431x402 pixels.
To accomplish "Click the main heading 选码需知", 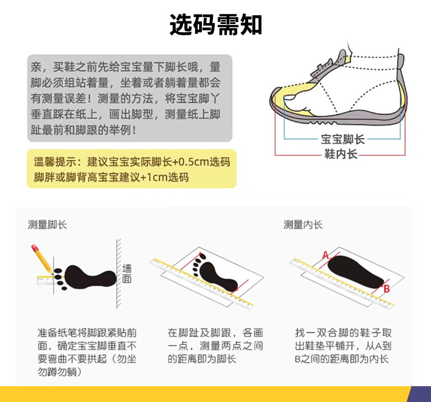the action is click(215, 25).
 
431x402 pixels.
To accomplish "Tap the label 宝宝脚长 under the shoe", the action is click(343, 139).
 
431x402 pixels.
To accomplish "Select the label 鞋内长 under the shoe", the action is click(340, 154).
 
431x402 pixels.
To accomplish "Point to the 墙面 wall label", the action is click(127, 273).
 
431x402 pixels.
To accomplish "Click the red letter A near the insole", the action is click(326, 255).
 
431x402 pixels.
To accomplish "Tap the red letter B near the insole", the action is click(386, 289).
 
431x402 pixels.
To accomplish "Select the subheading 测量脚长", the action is click(47, 225).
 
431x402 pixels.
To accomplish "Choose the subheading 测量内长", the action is click(303, 225).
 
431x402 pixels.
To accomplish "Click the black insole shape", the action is click(355, 272).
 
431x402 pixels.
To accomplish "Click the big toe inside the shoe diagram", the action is click(291, 97).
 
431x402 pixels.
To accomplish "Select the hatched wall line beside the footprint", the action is click(118, 274).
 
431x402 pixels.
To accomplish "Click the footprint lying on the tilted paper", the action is click(215, 272).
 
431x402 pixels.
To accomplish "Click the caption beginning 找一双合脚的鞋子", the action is click(343, 346).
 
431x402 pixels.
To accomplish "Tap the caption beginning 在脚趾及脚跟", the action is click(215, 346).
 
